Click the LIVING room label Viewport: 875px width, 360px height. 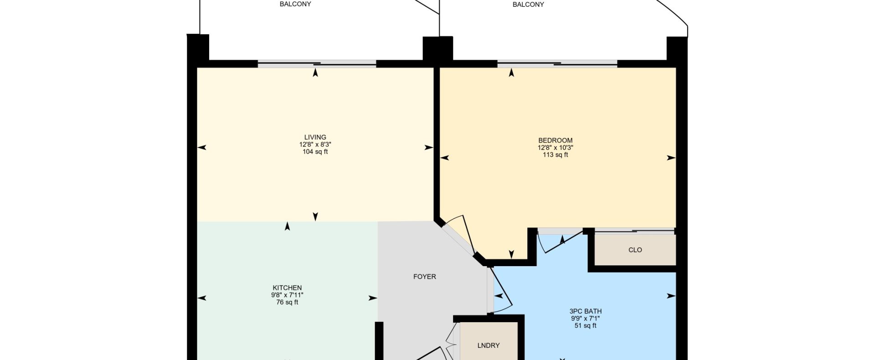pyautogui.click(x=315, y=137)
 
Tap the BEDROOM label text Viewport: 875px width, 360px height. pyautogui.click(x=555, y=140)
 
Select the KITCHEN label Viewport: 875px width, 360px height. pyautogui.click(x=287, y=288)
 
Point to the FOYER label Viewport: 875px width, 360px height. pyautogui.click(x=425, y=277)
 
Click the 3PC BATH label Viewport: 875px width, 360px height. pyautogui.click(x=586, y=311)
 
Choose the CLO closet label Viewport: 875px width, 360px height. pyautogui.click(x=635, y=250)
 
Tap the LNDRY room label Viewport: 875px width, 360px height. pyautogui.click(x=489, y=345)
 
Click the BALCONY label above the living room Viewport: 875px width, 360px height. pyautogui.click(x=295, y=4)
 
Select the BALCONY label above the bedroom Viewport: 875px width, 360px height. pyautogui.click(x=529, y=5)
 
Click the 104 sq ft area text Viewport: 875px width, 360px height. pyautogui.click(x=315, y=152)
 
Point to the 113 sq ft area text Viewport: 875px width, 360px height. pyautogui.click(x=555, y=155)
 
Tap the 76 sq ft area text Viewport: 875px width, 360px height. pyautogui.click(x=287, y=302)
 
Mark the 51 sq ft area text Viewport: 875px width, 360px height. pyautogui.click(x=586, y=326)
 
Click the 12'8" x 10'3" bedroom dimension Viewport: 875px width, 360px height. pyautogui.click(x=555, y=148)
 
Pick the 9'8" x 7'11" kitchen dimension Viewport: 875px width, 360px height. pyautogui.click(x=287, y=295)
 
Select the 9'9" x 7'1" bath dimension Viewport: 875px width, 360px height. pyautogui.click(x=586, y=319)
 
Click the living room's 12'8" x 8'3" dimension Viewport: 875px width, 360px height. pyautogui.click(x=315, y=144)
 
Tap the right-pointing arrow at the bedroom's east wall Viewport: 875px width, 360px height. pyautogui.click(x=671, y=158)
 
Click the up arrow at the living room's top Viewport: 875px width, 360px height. pyautogui.click(x=315, y=72)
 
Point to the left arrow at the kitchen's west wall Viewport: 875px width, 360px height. pyautogui.click(x=201, y=298)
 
